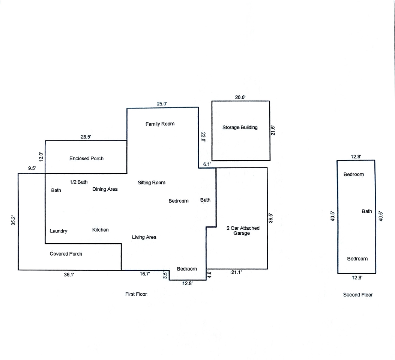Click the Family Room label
tap(160, 124)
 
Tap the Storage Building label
tap(240, 128)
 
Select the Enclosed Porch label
tap(86, 158)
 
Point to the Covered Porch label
tap(66, 254)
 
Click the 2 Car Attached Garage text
tap(243, 230)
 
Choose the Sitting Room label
tap(152, 183)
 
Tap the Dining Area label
tap(105, 189)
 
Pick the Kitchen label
tap(100, 230)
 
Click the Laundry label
tap(59, 231)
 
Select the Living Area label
tap(144, 237)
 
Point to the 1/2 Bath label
tap(79, 182)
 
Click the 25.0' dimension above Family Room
tap(162, 104)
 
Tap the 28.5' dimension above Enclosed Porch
tap(86, 137)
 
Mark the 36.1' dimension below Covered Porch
tap(69, 275)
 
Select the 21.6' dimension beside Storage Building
tap(273, 130)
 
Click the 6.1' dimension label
tap(207, 164)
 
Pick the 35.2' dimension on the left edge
tap(14, 221)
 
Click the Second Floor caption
tap(358, 295)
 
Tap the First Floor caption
tap(136, 294)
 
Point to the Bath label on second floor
tap(367, 211)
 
